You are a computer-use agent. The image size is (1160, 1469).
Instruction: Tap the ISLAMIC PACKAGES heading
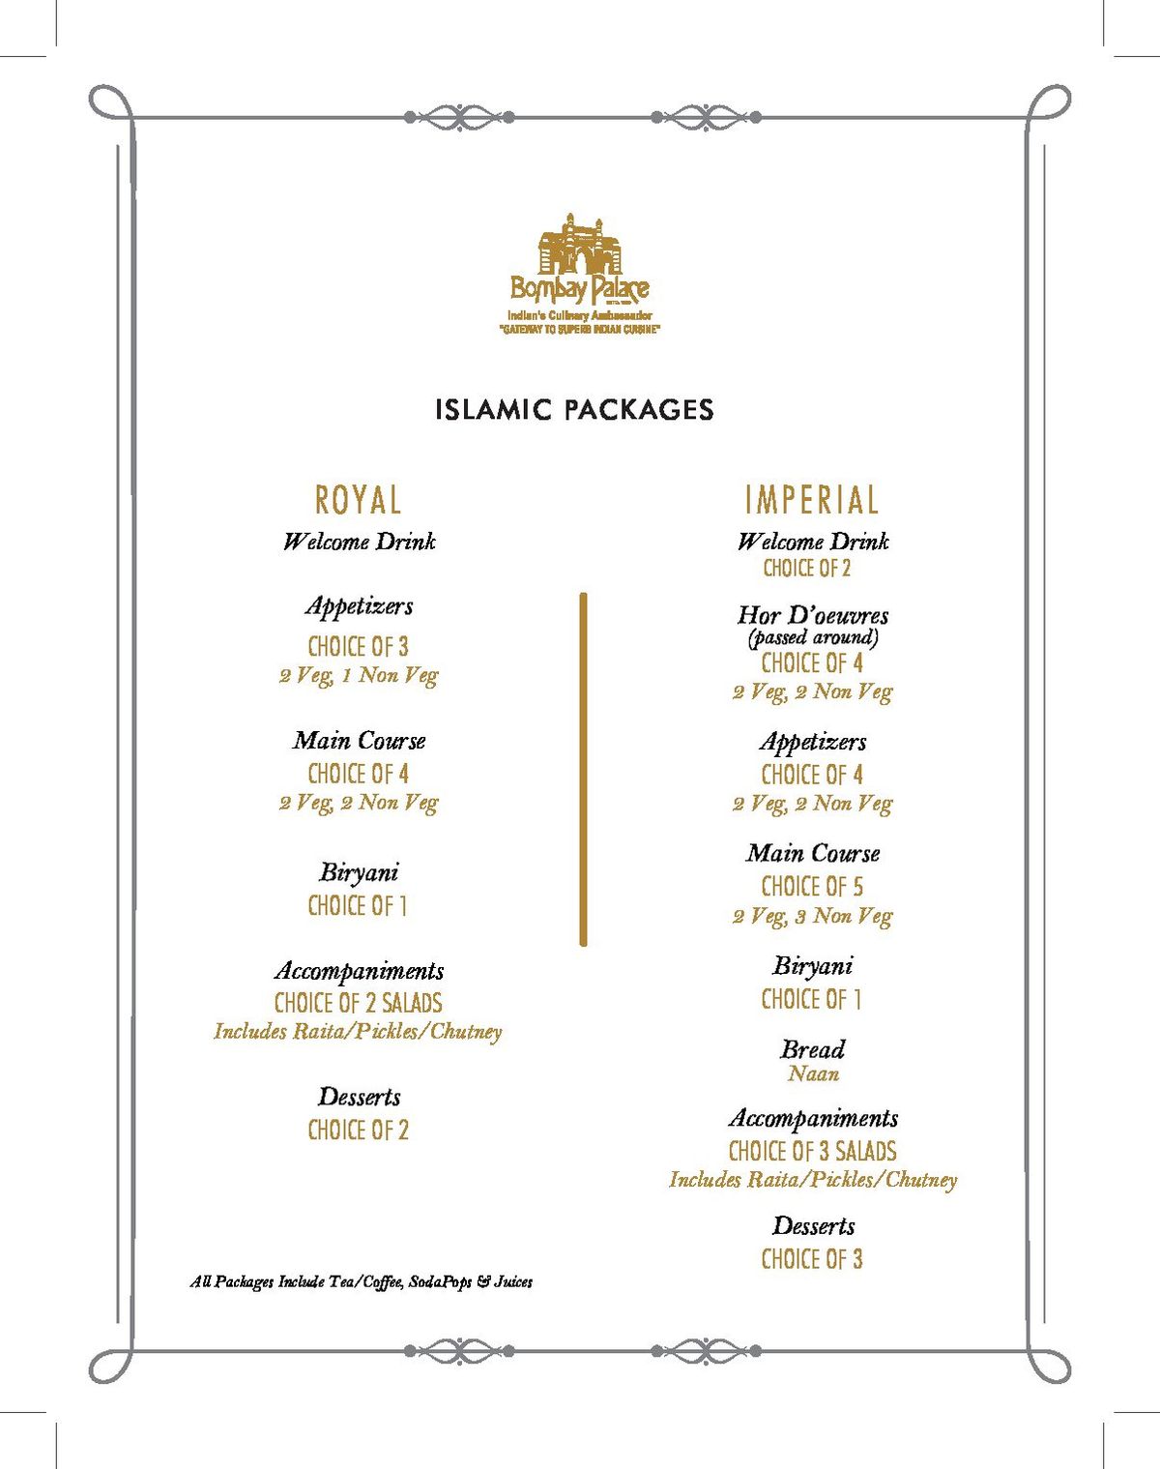pyautogui.click(x=574, y=409)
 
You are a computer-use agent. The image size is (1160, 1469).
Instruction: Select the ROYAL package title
pyautogui.click(x=358, y=500)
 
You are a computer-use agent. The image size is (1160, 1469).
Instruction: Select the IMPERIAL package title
pyautogui.click(x=812, y=500)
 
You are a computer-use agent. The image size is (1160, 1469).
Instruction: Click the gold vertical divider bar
pyautogui.click(x=583, y=769)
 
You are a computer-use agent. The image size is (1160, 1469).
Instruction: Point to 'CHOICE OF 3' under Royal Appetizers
pyautogui.click(x=358, y=646)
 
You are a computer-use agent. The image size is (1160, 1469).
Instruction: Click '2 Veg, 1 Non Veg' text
pyautogui.click(x=358, y=675)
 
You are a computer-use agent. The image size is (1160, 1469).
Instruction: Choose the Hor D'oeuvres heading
pyautogui.click(x=812, y=615)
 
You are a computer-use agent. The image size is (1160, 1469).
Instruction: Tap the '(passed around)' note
pyautogui.click(x=812, y=637)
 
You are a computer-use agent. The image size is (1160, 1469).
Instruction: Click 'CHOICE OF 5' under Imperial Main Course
pyautogui.click(x=812, y=887)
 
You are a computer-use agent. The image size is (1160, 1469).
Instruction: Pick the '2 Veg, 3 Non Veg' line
pyautogui.click(x=812, y=916)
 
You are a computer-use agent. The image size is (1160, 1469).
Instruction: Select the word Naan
pyautogui.click(x=813, y=1073)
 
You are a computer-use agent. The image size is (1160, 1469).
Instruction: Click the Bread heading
pyautogui.click(x=813, y=1049)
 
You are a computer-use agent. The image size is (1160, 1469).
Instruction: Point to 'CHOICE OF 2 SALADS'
pyautogui.click(x=358, y=1003)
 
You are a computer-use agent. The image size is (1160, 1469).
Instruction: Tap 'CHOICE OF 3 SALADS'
pyautogui.click(x=812, y=1151)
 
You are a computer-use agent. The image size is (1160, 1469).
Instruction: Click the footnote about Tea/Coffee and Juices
pyautogui.click(x=361, y=1281)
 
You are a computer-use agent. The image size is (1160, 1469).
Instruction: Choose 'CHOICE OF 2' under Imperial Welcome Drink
pyautogui.click(x=807, y=569)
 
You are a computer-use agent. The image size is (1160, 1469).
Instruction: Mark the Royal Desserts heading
pyautogui.click(x=359, y=1097)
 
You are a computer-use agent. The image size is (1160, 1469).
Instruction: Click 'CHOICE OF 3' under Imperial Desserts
pyautogui.click(x=812, y=1259)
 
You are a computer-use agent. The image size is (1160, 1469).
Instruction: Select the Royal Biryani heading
pyautogui.click(x=359, y=872)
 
